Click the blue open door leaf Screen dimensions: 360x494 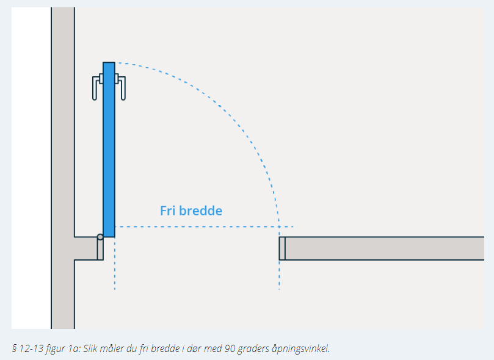click(x=109, y=149)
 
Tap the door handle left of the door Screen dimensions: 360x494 click(x=96, y=88)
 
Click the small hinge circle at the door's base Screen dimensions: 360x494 click(x=100, y=237)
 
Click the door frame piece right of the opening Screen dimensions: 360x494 click(x=282, y=248)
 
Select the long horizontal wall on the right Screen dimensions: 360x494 click(x=385, y=248)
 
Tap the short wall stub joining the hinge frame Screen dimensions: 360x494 click(x=85, y=248)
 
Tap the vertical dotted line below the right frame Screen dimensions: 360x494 click(x=279, y=275)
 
